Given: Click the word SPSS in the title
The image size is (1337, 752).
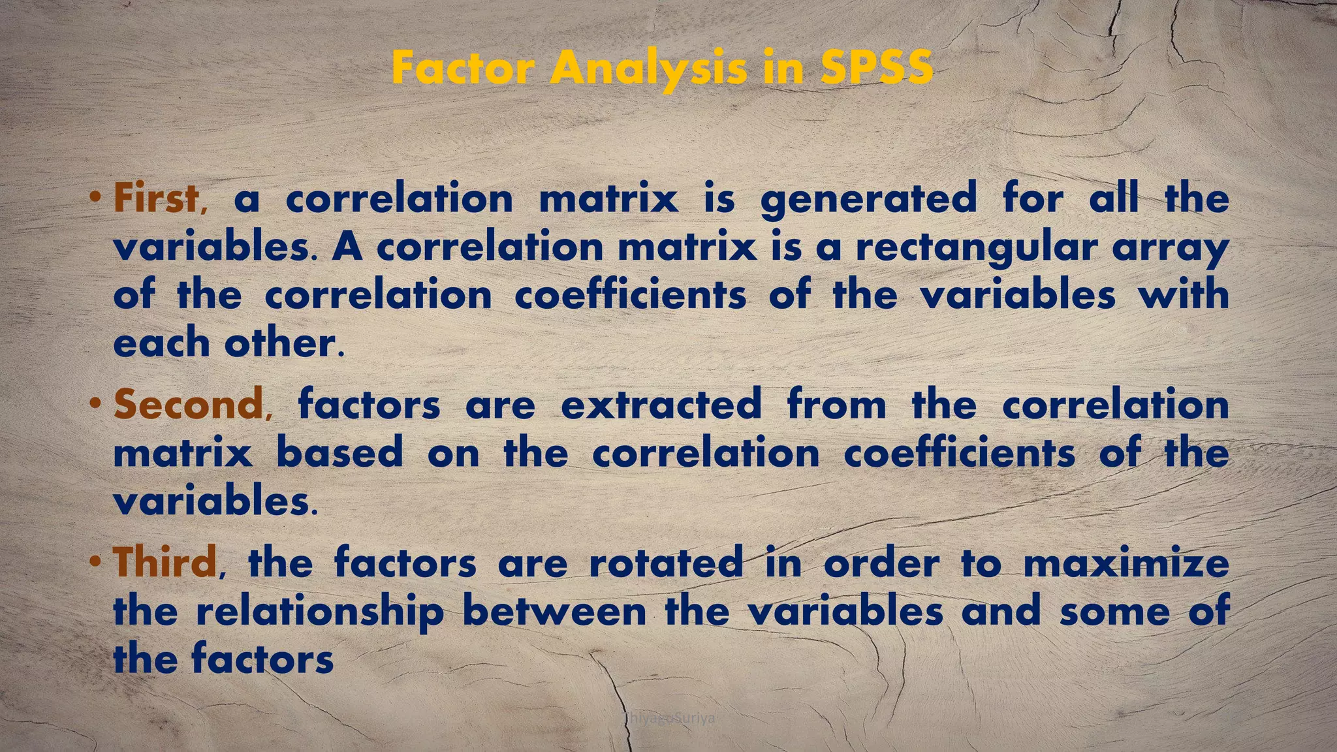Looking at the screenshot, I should point(877,68).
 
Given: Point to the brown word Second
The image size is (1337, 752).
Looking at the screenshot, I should point(188,404).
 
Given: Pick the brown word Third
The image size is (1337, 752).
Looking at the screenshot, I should point(165,562).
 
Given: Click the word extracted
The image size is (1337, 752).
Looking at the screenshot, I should point(661,404).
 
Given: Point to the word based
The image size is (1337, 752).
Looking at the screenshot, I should point(339,452).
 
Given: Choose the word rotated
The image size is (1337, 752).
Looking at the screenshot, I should point(666,562).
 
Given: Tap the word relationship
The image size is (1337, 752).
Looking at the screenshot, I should point(319,612).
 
